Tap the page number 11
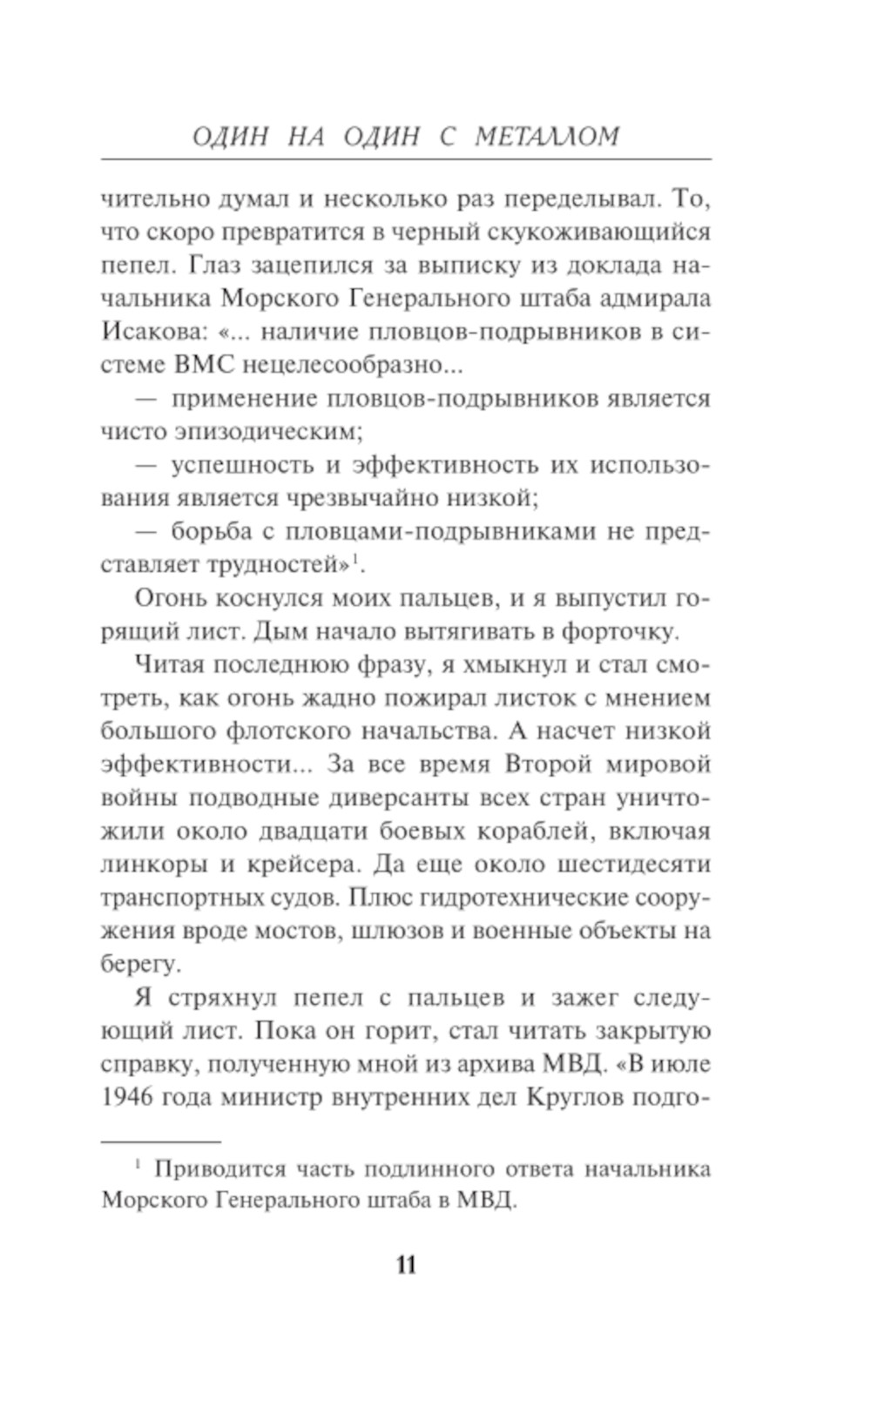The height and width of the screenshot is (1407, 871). [x=406, y=1264]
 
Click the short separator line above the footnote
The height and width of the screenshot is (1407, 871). [x=161, y=1140]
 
